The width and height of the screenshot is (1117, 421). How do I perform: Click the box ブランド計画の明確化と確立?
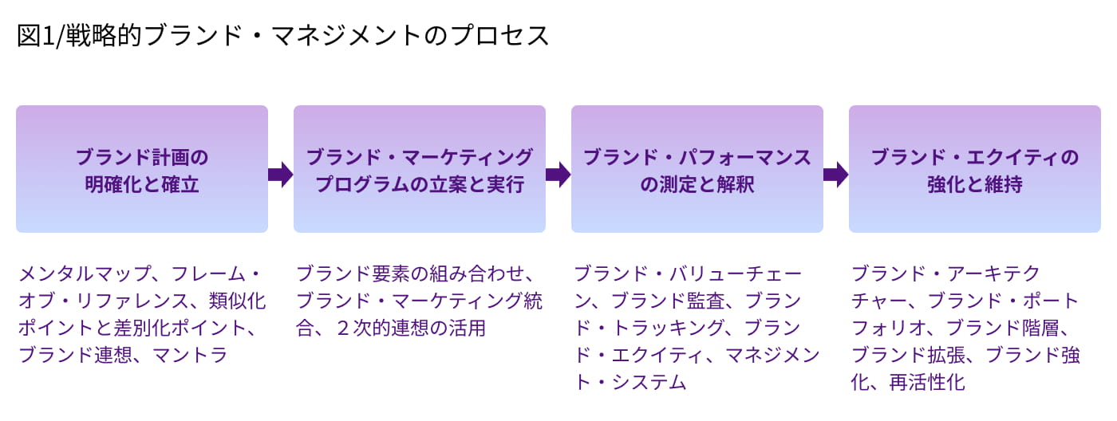pyautogui.click(x=142, y=169)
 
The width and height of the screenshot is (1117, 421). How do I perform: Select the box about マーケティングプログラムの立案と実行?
pyautogui.click(x=420, y=169)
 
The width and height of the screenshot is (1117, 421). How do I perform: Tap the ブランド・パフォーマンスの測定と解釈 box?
pyautogui.click(x=697, y=169)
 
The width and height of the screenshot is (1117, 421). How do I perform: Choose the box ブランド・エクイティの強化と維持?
pyautogui.click(x=975, y=169)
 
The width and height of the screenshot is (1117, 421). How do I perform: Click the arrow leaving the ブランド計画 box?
pyautogui.click(x=281, y=174)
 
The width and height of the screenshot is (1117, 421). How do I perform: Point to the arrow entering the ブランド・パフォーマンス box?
pyautogui.click(x=558, y=174)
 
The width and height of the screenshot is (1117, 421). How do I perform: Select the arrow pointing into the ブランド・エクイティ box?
pyautogui.click(x=835, y=174)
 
